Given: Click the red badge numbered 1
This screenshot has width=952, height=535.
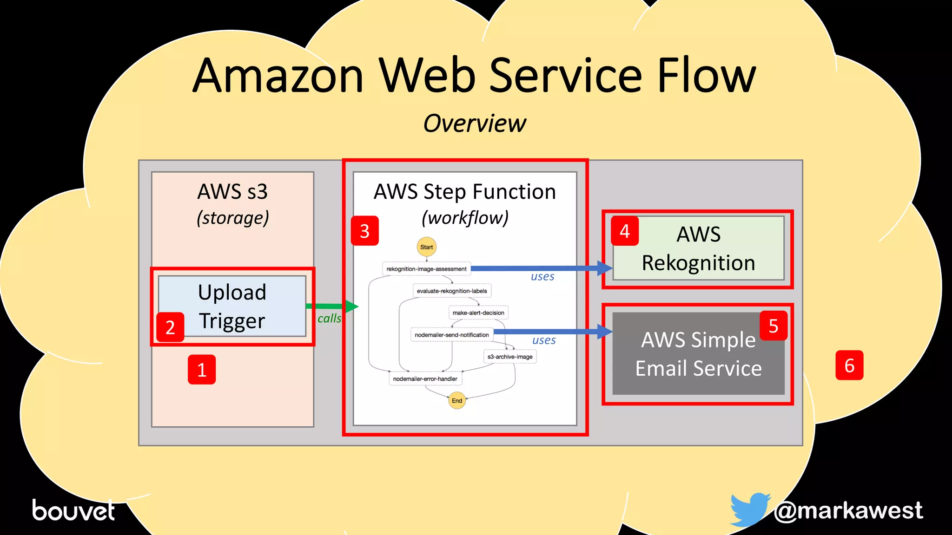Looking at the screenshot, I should (x=201, y=370).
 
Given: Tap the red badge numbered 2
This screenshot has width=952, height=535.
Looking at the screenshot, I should (x=170, y=327).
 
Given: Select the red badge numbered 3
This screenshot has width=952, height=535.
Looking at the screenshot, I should (x=364, y=231).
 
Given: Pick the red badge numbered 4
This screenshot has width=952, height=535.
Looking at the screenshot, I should (x=624, y=231).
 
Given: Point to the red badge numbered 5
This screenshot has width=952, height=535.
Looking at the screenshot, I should (x=773, y=326).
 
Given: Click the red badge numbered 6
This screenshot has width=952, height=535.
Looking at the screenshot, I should (x=849, y=365).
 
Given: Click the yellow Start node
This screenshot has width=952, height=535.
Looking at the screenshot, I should (x=426, y=247).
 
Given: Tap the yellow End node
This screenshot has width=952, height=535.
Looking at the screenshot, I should (x=457, y=400).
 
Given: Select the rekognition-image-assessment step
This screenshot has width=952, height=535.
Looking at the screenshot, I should (x=426, y=269).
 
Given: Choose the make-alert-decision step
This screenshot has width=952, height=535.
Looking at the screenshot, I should (x=478, y=313).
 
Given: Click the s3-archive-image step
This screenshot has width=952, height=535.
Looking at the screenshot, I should (x=510, y=357).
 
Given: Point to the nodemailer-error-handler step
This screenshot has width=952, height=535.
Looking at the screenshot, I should (x=425, y=379).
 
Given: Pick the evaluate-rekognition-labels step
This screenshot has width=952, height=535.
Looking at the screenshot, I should (x=452, y=291).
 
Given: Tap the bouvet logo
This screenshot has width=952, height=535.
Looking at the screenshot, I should (x=73, y=510).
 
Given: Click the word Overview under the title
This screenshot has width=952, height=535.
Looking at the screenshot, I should (x=475, y=124).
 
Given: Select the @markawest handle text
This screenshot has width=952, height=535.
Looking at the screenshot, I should (x=848, y=510).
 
